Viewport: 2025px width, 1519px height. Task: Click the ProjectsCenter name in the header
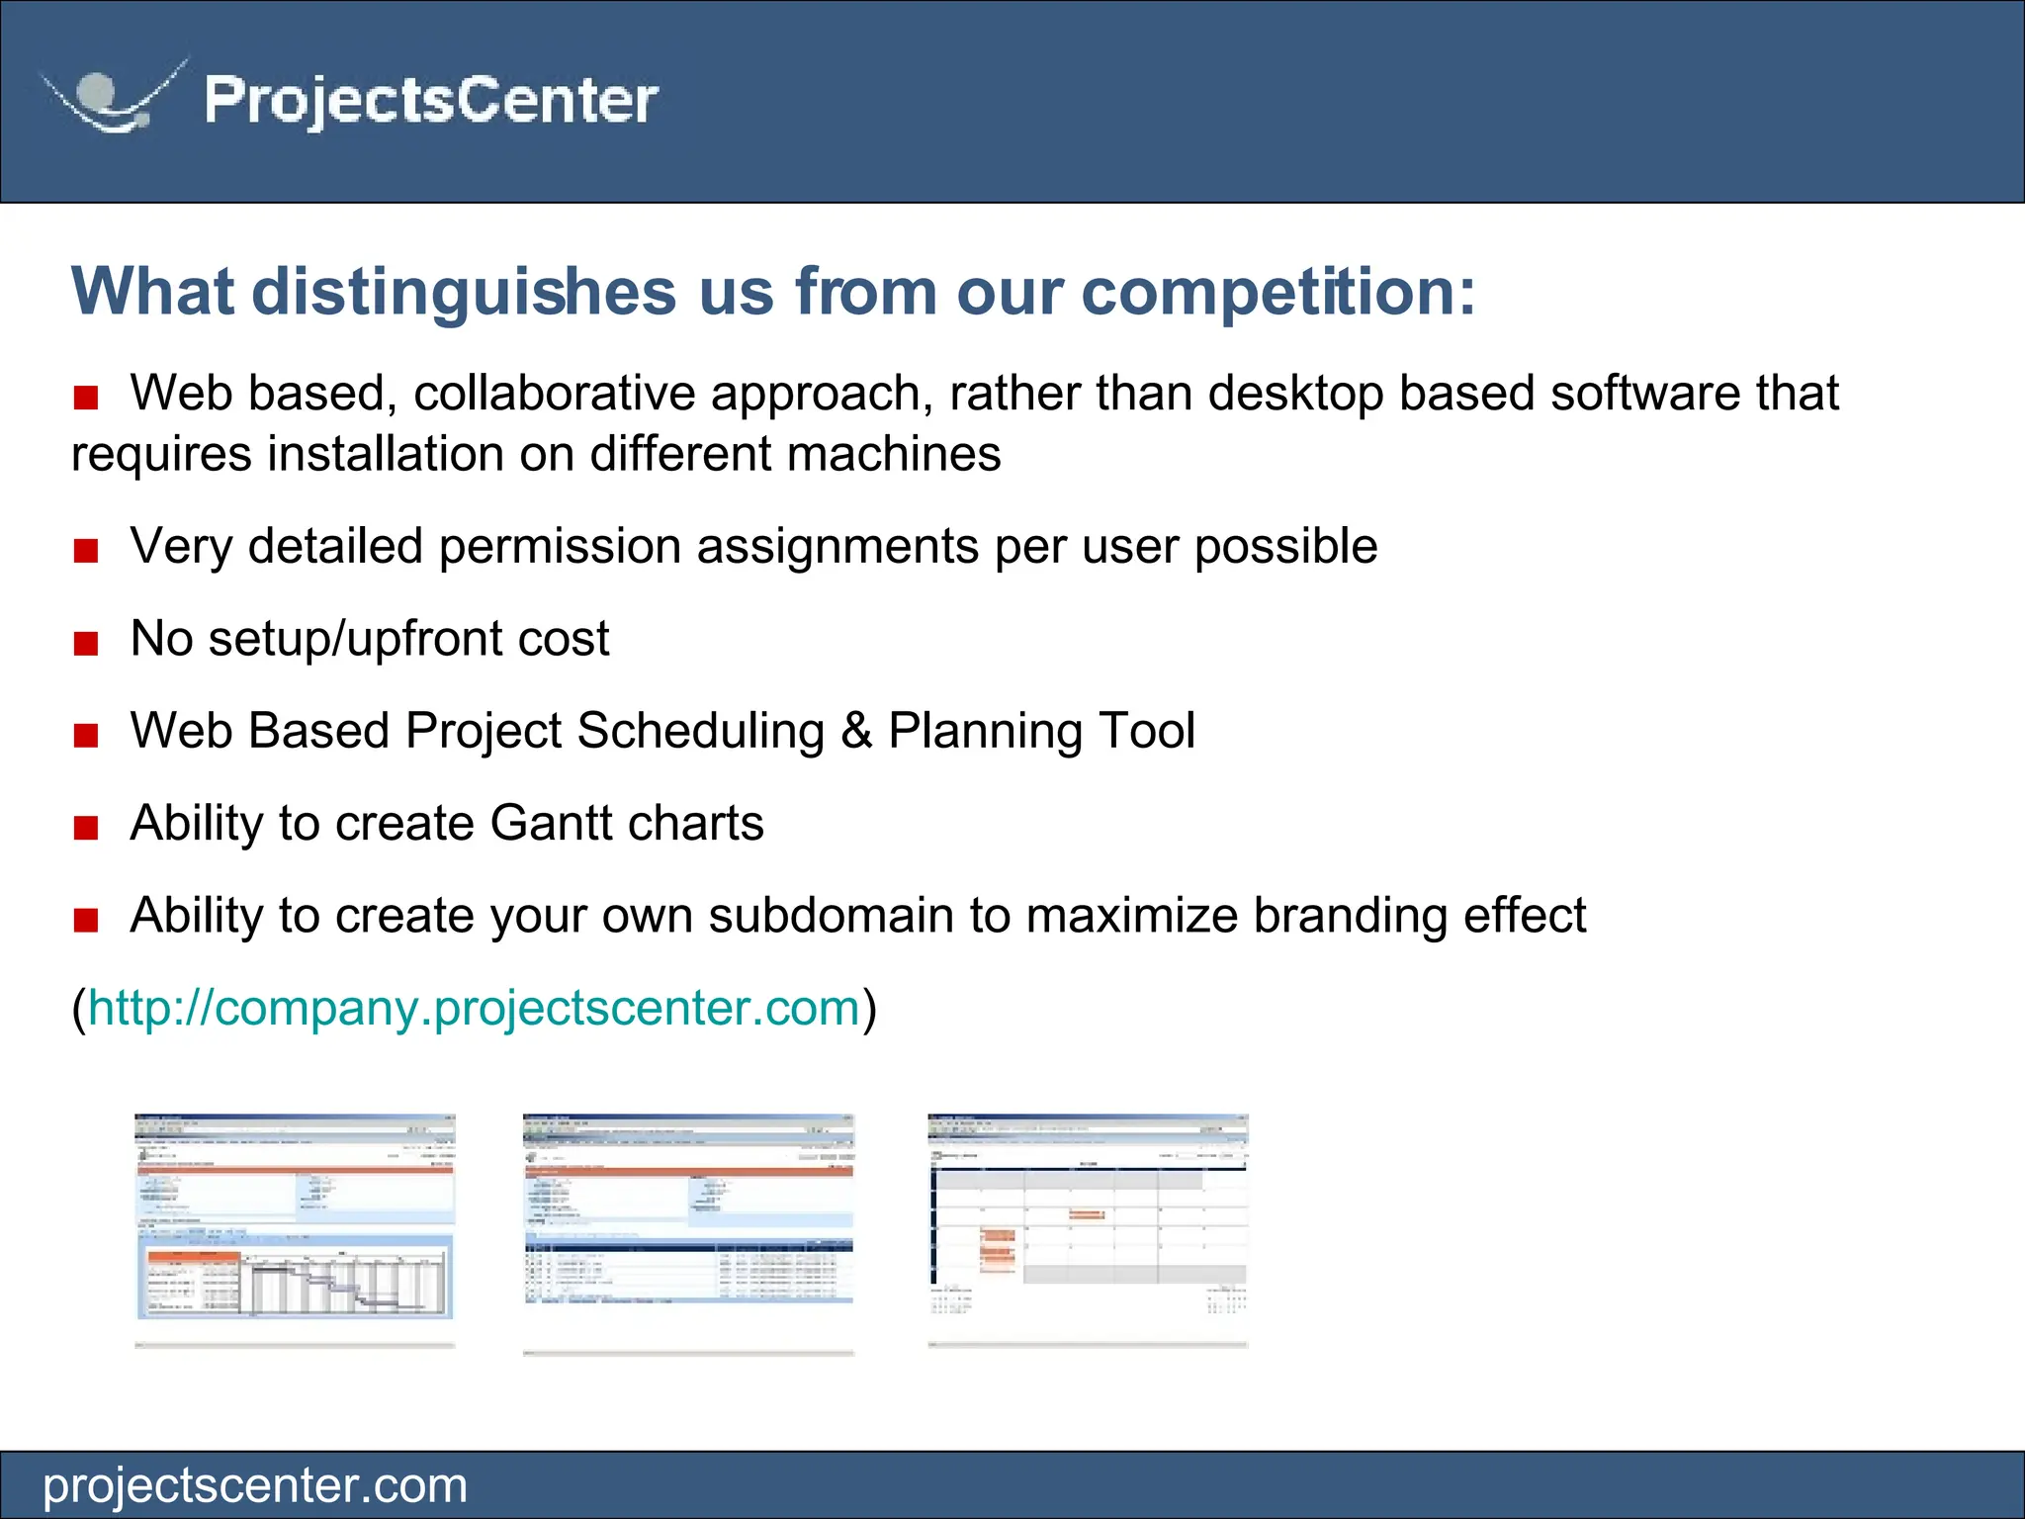click(x=431, y=100)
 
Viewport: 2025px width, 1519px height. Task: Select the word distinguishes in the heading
click(x=464, y=293)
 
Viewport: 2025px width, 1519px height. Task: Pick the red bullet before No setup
click(x=86, y=644)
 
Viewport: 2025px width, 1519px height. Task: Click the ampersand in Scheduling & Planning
click(x=856, y=732)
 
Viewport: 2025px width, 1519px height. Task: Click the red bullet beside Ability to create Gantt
click(x=86, y=828)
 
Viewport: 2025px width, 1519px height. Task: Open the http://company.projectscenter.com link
click(x=474, y=1009)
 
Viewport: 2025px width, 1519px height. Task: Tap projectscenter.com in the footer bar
click(x=255, y=1485)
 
